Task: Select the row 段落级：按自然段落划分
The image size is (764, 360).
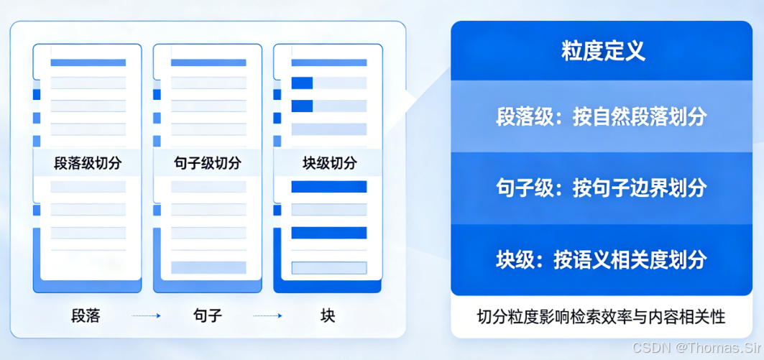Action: [x=602, y=116]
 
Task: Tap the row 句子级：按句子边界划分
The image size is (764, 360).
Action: [x=602, y=188]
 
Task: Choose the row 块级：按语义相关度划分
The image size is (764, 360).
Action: [x=602, y=259]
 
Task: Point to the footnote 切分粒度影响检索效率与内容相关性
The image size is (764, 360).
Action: [x=602, y=316]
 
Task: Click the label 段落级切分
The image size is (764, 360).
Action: [x=88, y=163]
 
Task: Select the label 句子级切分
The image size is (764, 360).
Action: [x=208, y=163]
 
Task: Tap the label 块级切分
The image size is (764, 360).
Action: [x=328, y=163]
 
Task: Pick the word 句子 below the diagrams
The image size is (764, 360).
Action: [x=208, y=315]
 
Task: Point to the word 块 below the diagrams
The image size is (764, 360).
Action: [x=328, y=315]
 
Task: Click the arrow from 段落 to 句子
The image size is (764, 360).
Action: [x=146, y=315]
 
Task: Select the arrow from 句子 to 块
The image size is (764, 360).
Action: [x=267, y=315]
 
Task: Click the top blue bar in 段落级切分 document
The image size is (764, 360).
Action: [x=88, y=63]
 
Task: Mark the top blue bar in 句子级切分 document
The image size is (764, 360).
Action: [x=208, y=63]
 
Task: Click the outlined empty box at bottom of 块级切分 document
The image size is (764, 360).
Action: [x=328, y=268]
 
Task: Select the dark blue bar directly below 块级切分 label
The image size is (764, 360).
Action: [x=328, y=187]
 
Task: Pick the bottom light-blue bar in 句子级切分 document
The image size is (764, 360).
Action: [x=208, y=267]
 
